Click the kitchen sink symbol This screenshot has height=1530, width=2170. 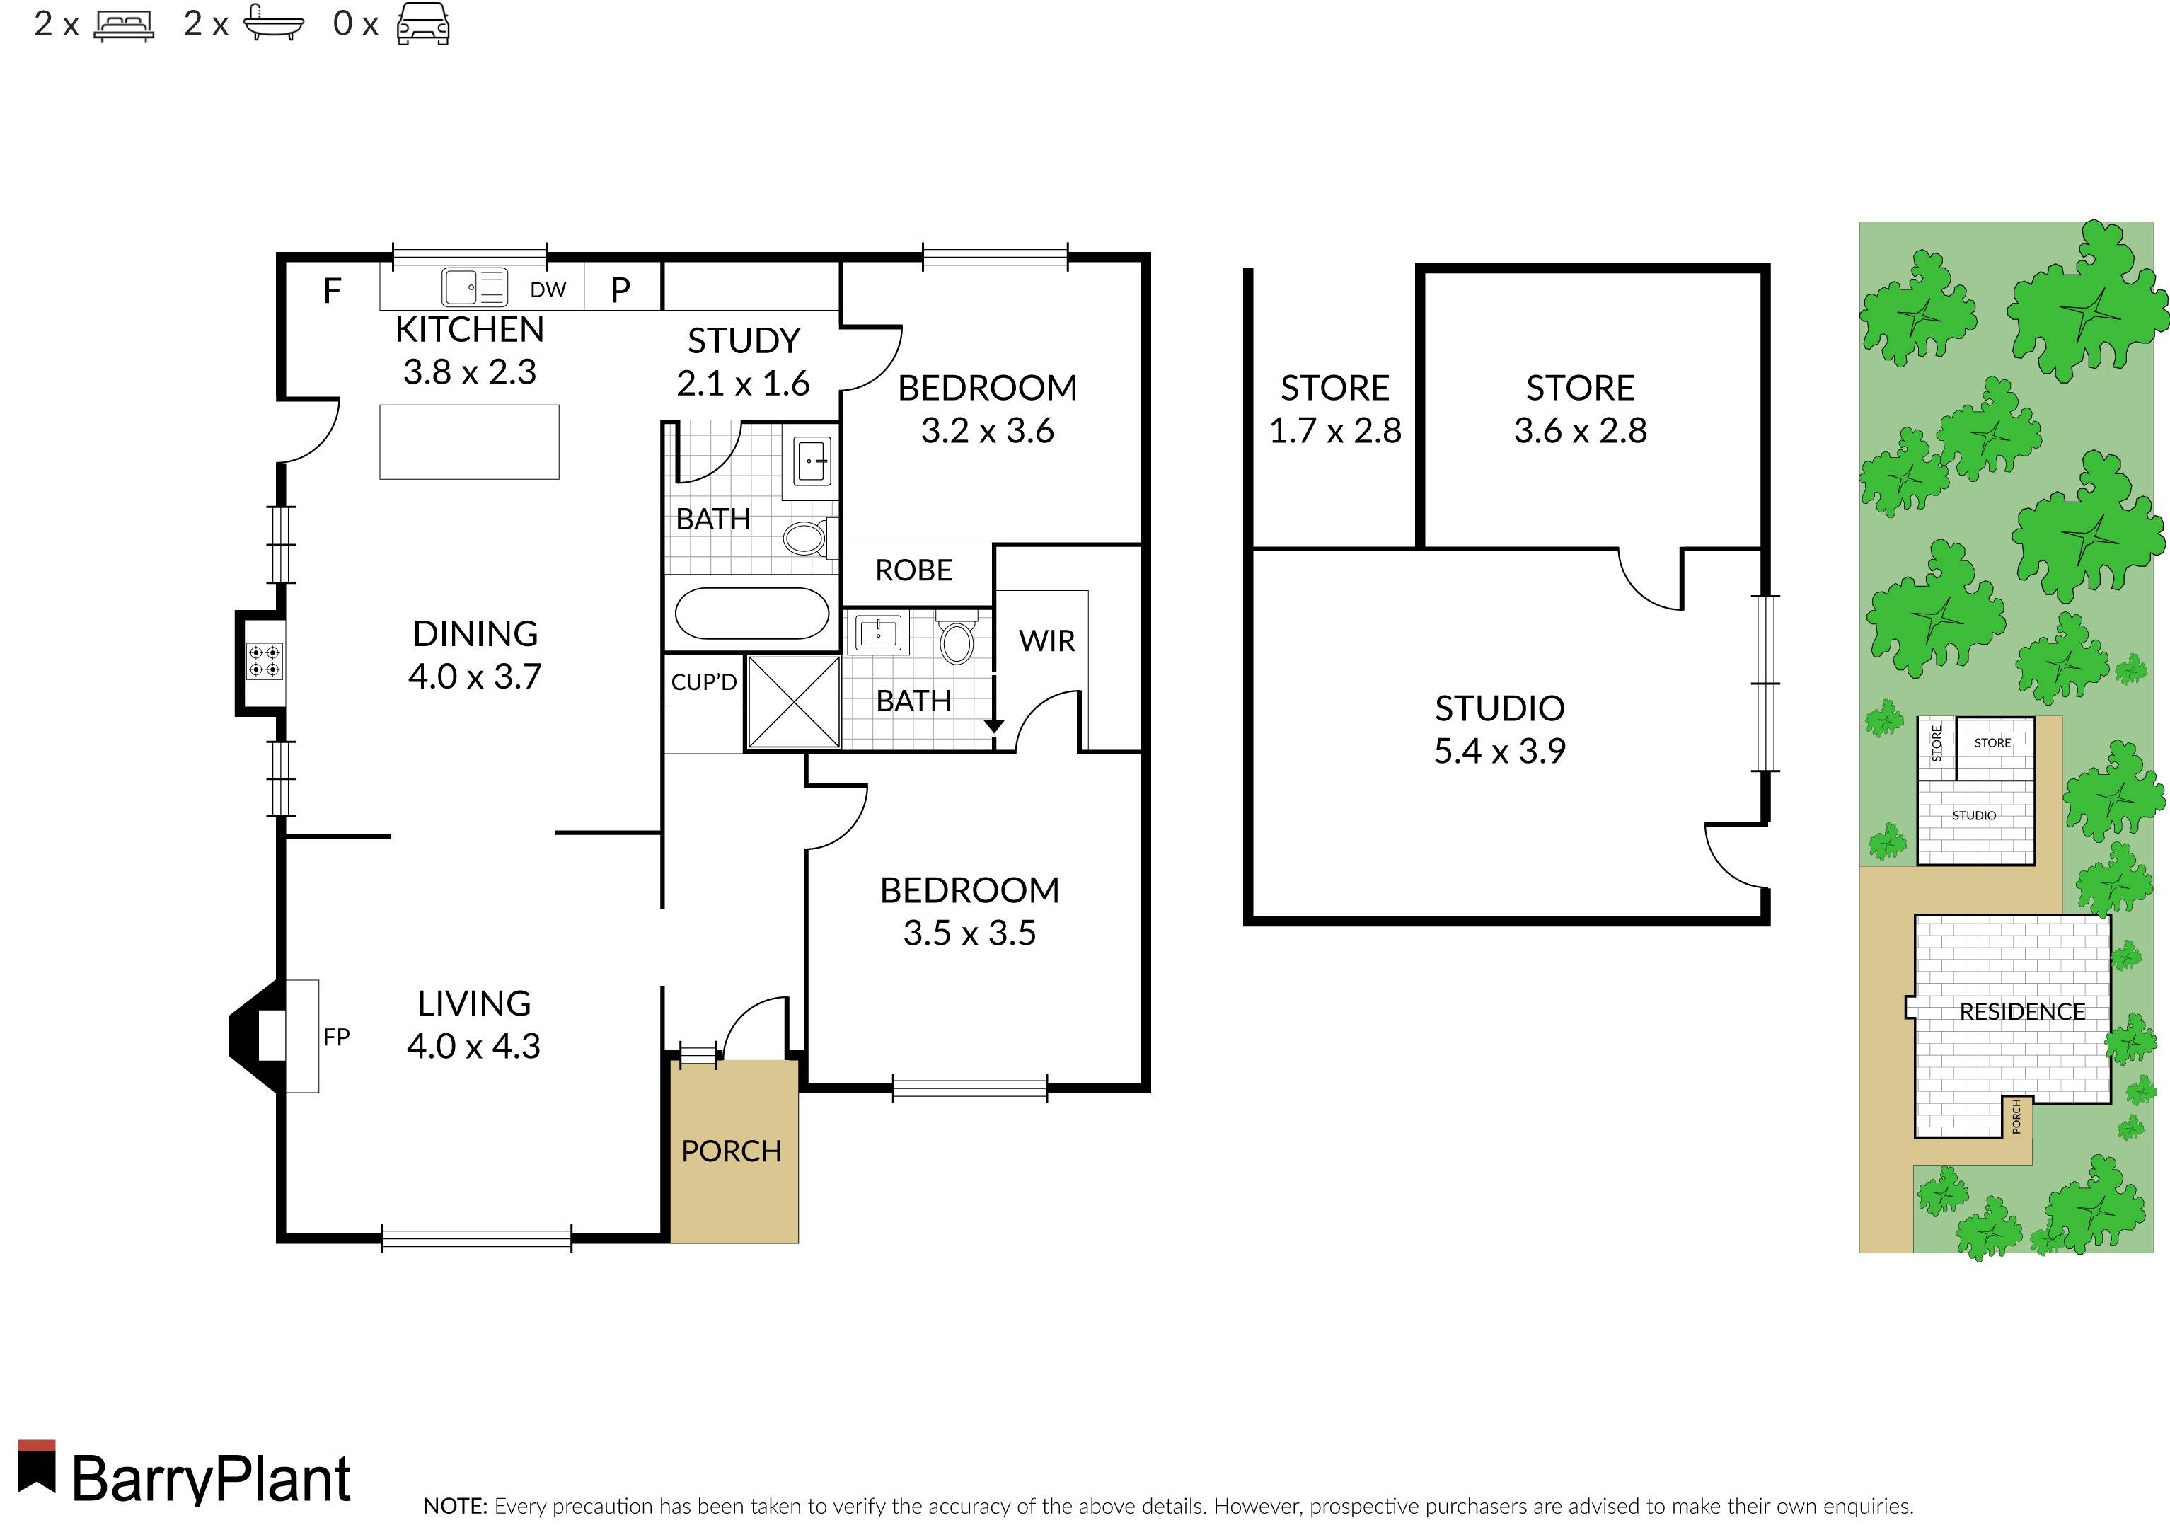(x=475, y=287)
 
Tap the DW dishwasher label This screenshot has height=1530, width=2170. (x=548, y=290)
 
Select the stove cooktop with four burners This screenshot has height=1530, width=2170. (x=265, y=660)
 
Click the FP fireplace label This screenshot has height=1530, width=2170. (x=337, y=1037)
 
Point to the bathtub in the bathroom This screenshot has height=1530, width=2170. (x=752, y=614)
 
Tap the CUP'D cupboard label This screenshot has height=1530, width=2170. (x=704, y=681)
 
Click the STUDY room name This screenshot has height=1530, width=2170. (x=744, y=340)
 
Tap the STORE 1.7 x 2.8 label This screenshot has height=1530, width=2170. (x=1334, y=409)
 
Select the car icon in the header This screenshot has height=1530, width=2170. (x=422, y=23)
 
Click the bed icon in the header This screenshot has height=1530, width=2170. (x=124, y=25)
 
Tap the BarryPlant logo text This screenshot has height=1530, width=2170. (x=212, y=1479)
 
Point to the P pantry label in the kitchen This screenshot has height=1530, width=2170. (x=620, y=289)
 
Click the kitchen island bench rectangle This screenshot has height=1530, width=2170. (x=469, y=442)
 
